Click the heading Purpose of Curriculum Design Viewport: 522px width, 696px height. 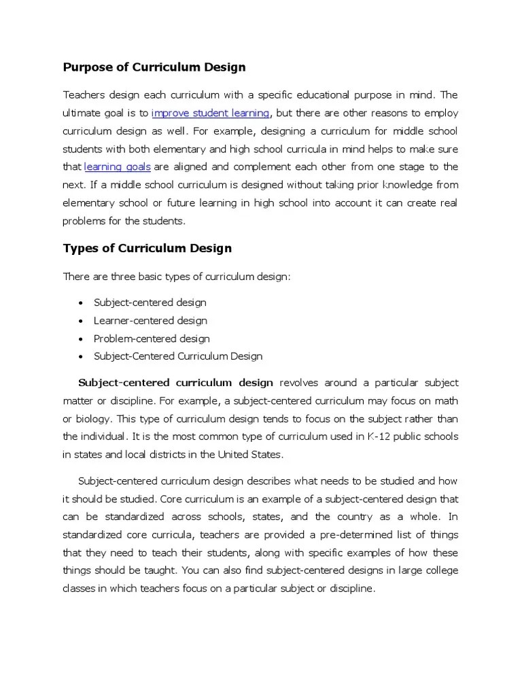(154, 67)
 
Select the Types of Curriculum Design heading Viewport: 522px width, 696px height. (147, 248)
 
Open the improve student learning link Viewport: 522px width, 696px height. (211, 112)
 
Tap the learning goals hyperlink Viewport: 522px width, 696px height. (117, 167)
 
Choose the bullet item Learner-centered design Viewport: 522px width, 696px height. (150, 320)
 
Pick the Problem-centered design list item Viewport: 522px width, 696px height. (152, 338)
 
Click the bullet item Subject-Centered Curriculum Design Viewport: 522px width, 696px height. (177, 356)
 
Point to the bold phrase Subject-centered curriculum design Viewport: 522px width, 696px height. (176, 383)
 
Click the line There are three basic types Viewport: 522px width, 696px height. (176, 276)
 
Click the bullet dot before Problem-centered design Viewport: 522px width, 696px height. (82, 339)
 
